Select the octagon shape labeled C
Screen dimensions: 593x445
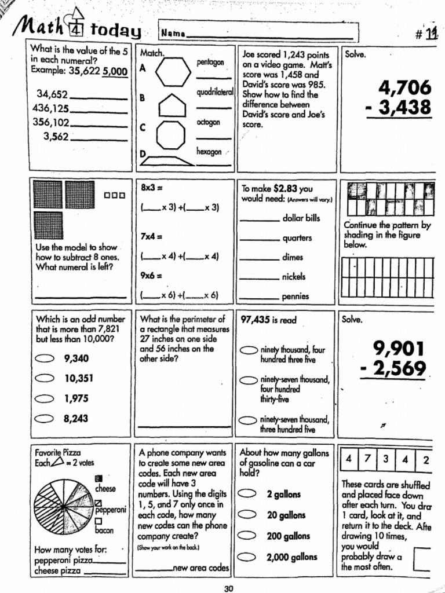click(x=171, y=134)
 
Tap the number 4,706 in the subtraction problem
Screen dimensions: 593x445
click(x=405, y=89)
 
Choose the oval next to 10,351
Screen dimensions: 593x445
click(x=45, y=379)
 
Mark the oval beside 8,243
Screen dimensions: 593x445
click(x=45, y=419)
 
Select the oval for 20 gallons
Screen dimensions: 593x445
click(x=249, y=515)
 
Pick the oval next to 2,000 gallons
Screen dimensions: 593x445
click(x=249, y=557)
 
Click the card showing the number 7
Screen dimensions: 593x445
click(x=367, y=459)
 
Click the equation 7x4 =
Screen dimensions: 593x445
click(x=151, y=237)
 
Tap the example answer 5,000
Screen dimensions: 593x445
click(x=114, y=72)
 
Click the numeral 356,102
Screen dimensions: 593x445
click(x=51, y=122)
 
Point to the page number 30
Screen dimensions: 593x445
click(x=228, y=588)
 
